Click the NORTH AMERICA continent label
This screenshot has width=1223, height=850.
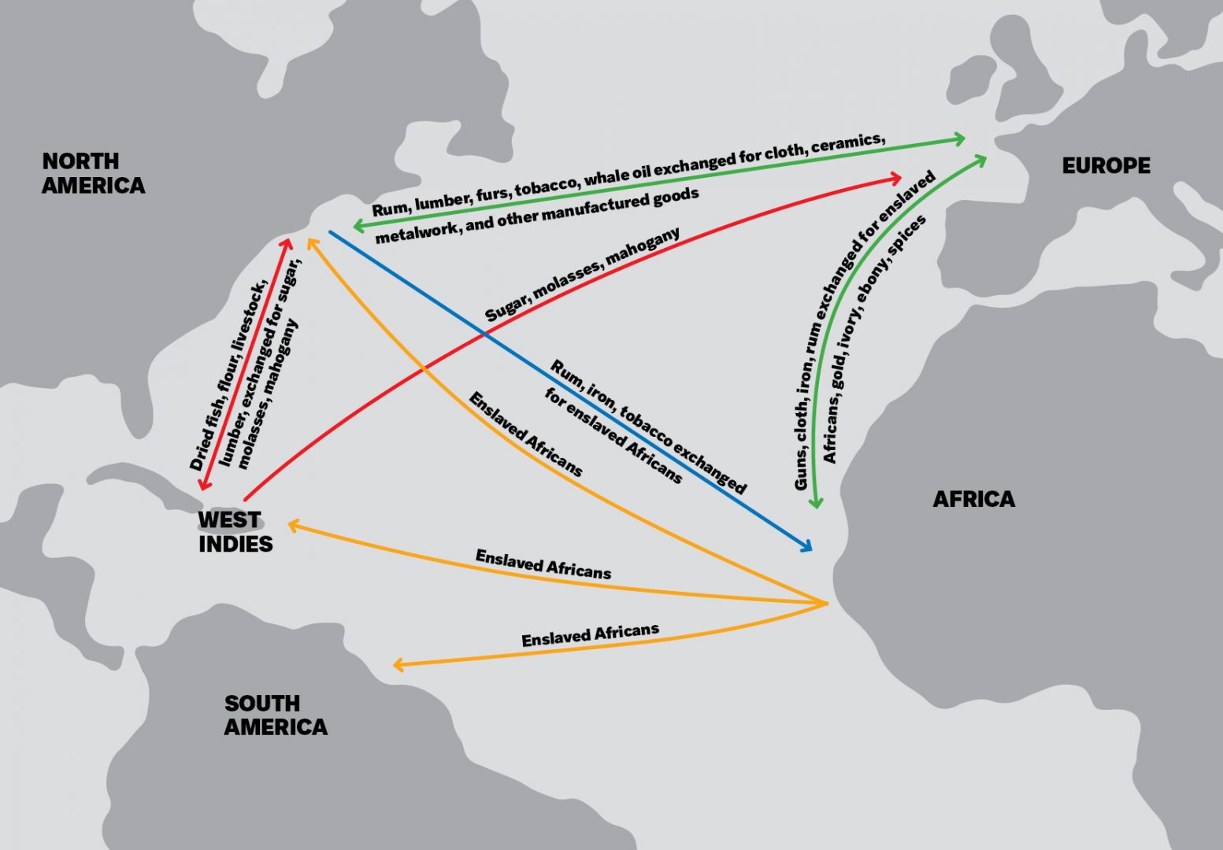pos(93,173)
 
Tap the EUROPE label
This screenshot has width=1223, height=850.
pos(1106,166)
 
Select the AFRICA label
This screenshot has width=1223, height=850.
pos(973,499)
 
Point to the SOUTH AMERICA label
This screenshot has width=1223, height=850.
pos(275,715)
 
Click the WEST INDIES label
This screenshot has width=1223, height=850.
pos(235,532)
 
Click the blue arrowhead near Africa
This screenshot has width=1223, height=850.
pos(806,546)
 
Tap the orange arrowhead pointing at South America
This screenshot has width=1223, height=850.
pos(398,666)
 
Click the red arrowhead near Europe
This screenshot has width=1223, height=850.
pos(895,179)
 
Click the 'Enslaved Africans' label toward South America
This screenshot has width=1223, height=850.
pos(590,634)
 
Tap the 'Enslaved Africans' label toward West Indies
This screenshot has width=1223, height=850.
pos(543,564)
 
